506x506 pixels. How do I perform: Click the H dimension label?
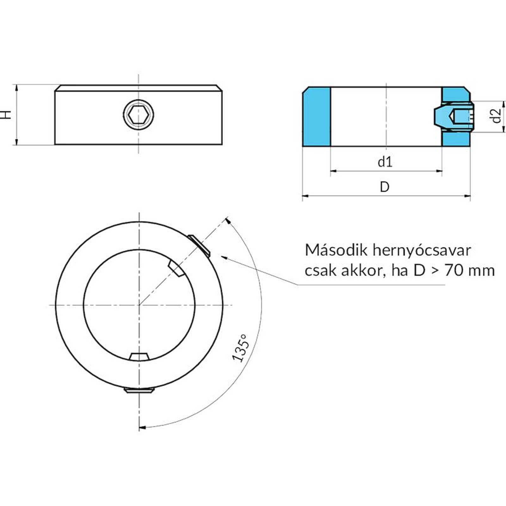point(7,114)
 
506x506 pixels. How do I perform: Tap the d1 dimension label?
point(385,162)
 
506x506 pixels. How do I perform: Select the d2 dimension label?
point(497,115)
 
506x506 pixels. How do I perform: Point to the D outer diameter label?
point(385,187)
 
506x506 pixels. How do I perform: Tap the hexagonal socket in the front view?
point(138,114)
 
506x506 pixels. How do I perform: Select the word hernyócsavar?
point(422,251)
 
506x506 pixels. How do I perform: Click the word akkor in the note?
point(363,271)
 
